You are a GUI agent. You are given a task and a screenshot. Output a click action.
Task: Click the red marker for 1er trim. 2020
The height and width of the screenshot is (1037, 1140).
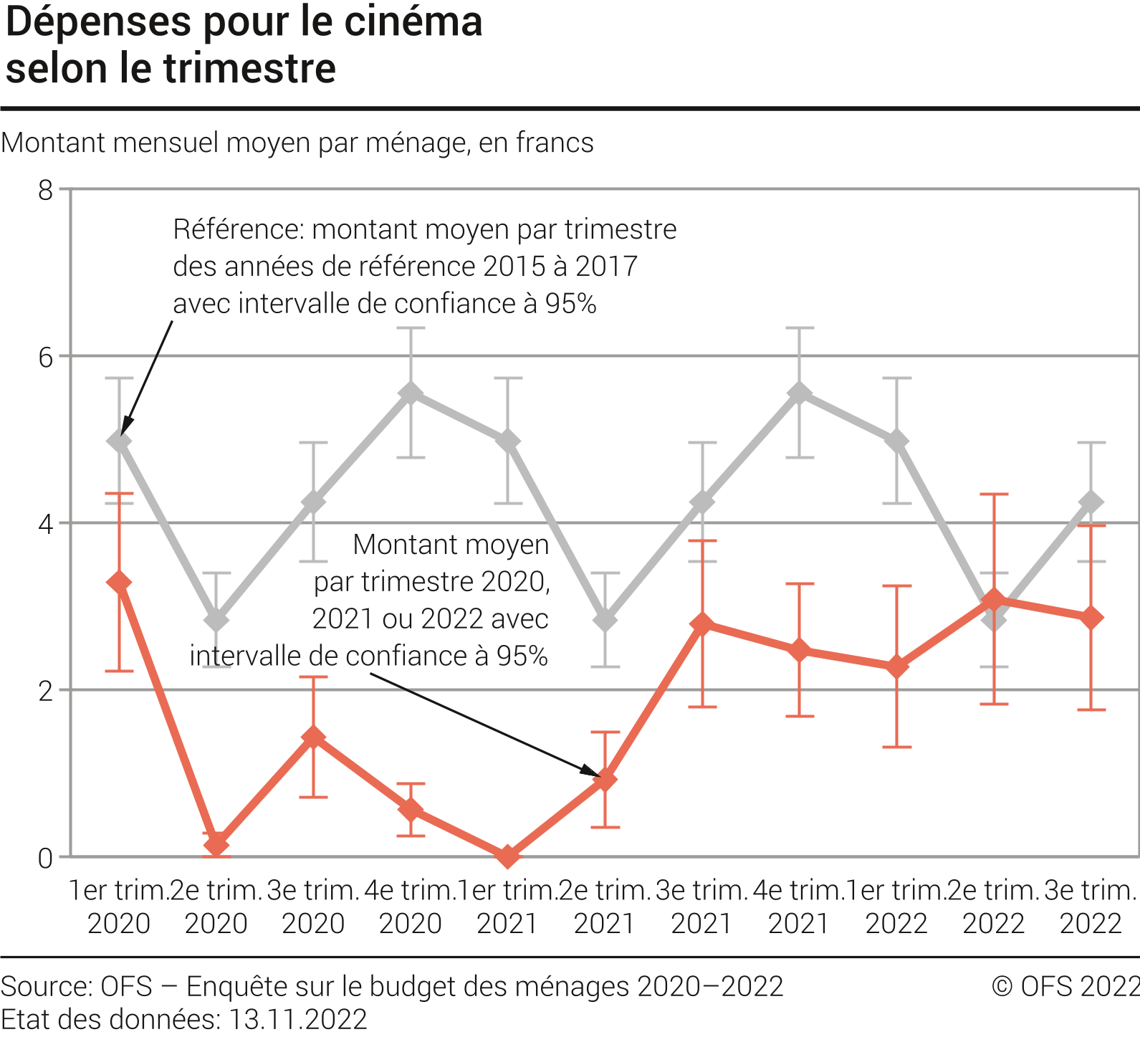click(x=119, y=583)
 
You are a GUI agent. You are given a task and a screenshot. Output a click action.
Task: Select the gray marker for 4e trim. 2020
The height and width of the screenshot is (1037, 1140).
click(x=411, y=393)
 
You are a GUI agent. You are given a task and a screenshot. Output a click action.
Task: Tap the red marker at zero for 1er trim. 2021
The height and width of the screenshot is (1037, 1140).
click(x=508, y=856)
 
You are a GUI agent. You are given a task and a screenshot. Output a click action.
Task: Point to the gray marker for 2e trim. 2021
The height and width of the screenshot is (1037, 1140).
click(x=605, y=619)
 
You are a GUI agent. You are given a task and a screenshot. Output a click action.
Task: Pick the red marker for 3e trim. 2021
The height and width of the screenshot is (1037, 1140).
click(x=702, y=624)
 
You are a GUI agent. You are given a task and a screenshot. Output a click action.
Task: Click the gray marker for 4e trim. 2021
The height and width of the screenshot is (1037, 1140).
click(x=800, y=393)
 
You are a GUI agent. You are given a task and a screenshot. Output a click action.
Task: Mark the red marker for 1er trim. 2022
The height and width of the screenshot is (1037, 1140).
click(x=896, y=666)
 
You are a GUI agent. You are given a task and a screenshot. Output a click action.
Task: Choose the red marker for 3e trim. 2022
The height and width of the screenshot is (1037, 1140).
click(x=1091, y=618)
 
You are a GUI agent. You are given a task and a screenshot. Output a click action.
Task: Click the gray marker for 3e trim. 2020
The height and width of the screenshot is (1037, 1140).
click(x=313, y=502)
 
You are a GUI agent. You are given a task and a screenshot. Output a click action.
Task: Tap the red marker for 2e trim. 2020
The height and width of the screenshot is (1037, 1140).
click(x=216, y=844)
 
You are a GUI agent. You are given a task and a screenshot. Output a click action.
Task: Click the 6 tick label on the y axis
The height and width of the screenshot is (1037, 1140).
click(x=46, y=356)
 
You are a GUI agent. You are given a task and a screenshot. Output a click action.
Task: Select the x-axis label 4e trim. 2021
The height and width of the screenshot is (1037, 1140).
click(x=798, y=907)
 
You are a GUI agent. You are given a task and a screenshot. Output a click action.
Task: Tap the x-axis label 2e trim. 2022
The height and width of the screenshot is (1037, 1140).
click(x=993, y=907)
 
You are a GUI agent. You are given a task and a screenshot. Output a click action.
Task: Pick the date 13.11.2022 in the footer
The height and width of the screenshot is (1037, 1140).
click(x=297, y=1019)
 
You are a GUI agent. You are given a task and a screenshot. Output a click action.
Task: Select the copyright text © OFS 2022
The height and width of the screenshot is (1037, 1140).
click(x=1065, y=987)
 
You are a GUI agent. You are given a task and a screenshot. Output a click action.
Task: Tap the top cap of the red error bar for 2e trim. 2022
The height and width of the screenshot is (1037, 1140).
click(x=994, y=494)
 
